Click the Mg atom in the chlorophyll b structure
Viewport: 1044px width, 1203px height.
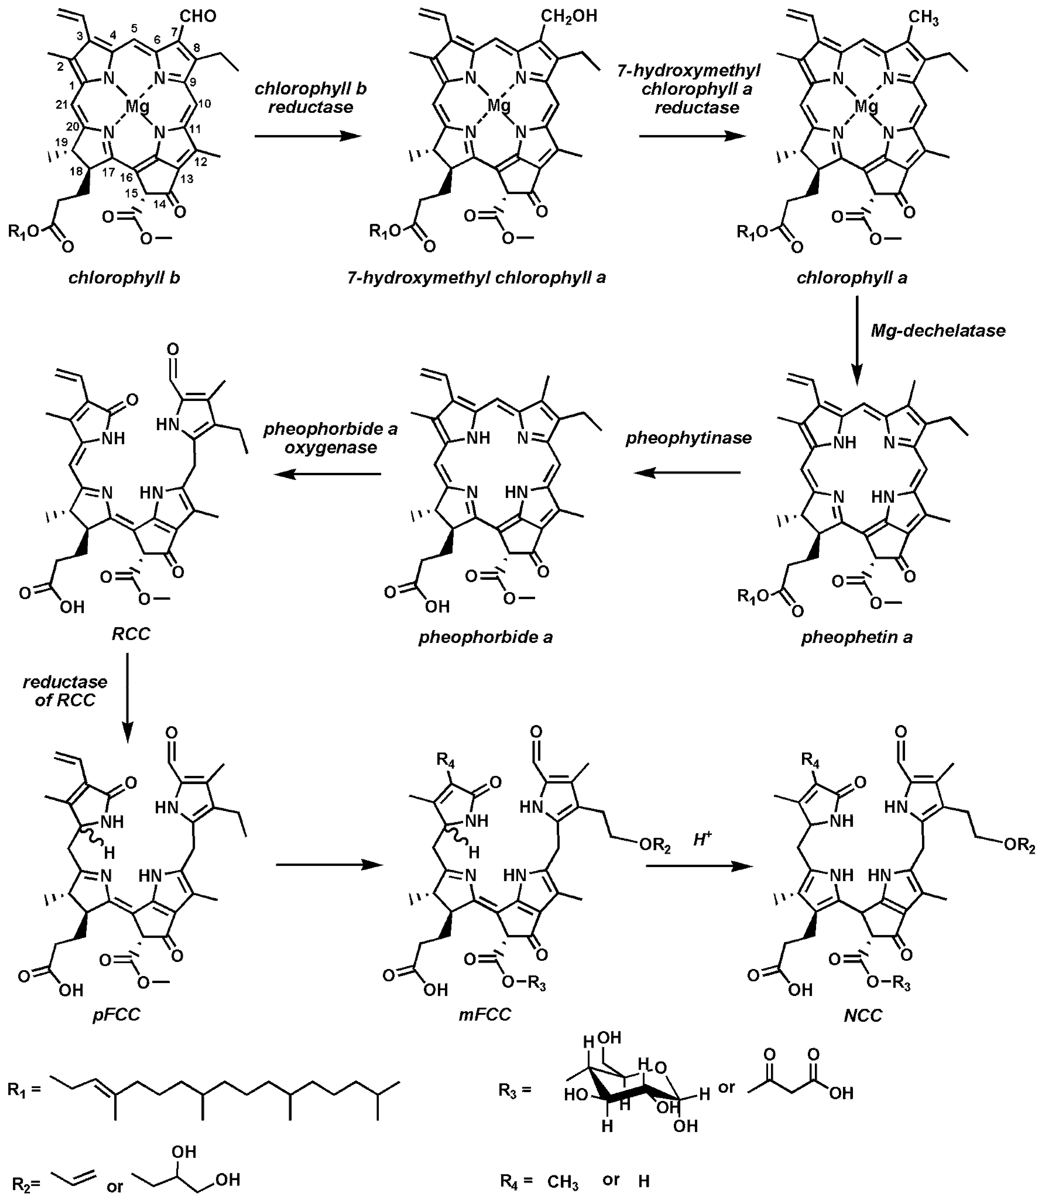click(x=138, y=106)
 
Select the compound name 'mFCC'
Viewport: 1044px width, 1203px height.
click(x=489, y=1014)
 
